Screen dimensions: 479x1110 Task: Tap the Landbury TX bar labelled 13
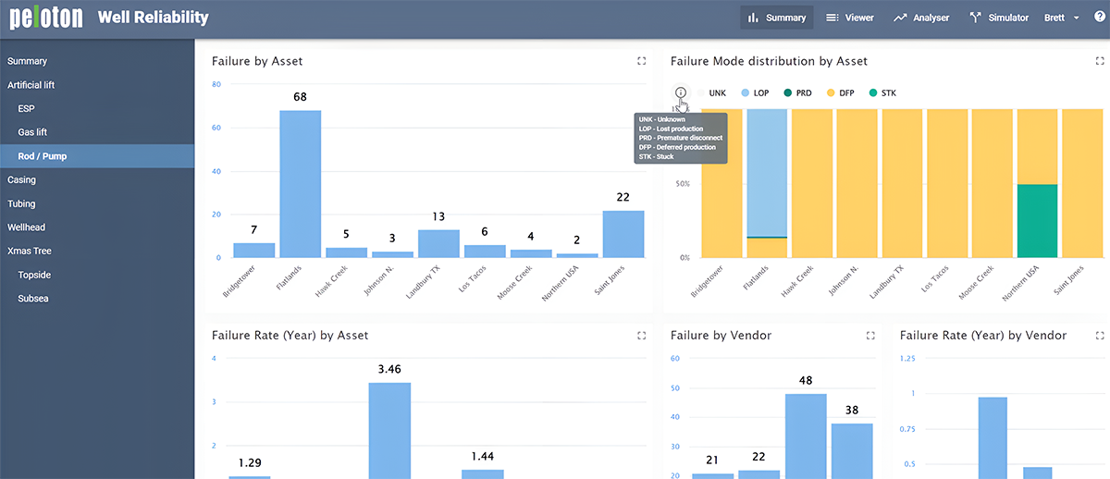pos(438,243)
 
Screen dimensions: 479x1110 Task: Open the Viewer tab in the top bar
pos(849,18)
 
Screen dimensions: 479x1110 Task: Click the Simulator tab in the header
pos(999,18)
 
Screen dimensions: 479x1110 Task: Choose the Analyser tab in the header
pos(921,18)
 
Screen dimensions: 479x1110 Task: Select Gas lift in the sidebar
pos(32,132)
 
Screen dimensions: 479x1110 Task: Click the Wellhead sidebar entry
pos(26,227)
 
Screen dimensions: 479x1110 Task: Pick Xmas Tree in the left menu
pos(30,251)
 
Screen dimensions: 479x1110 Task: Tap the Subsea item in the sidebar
pos(34,299)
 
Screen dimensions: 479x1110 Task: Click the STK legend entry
pos(882,93)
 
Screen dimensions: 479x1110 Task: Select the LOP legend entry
pos(754,93)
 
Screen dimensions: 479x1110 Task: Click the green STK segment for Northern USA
pos(1036,221)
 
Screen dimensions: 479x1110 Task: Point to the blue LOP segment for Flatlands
pos(767,172)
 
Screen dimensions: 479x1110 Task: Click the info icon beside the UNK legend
pos(681,92)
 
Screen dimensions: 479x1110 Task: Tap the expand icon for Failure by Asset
pos(641,61)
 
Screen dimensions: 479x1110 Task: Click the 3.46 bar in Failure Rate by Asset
pos(389,430)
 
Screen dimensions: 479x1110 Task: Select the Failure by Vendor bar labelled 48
pos(806,436)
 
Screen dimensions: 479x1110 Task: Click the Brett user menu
pos(1061,18)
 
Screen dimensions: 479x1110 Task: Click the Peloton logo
pos(46,18)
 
